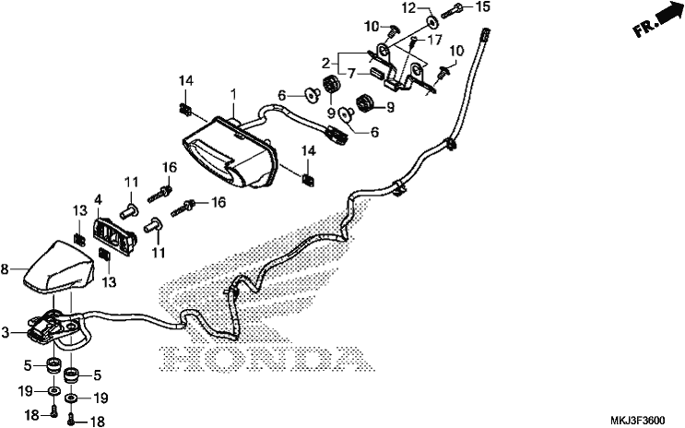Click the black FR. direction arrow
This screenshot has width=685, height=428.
[x=668, y=12]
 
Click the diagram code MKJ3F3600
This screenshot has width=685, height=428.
[x=637, y=421]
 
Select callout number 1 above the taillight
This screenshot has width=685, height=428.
[x=234, y=93]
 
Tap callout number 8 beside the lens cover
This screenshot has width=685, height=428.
[x=5, y=269]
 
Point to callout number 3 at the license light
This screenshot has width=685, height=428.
[x=5, y=333]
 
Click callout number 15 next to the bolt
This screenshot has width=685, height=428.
[x=484, y=7]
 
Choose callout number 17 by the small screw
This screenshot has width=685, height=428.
[x=434, y=41]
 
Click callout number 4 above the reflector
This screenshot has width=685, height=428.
[x=98, y=201]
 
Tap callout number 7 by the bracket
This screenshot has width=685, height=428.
[x=351, y=74]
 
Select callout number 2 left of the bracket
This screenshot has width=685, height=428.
[x=325, y=64]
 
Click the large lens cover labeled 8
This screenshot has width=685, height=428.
[x=59, y=267]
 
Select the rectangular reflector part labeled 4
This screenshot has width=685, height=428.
[x=115, y=236]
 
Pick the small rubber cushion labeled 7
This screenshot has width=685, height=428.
[x=377, y=72]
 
